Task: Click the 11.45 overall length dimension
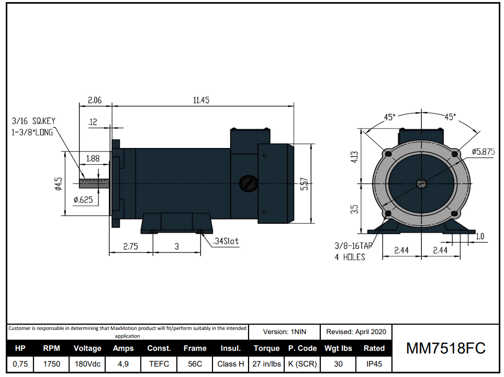(201, 100)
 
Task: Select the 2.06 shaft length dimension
(95, 100)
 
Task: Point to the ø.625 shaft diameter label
(83, 199)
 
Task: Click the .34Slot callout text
(226, 241)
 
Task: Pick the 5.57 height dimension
(304, 184)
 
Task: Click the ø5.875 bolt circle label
(483, 152)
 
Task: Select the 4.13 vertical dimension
(354, 157)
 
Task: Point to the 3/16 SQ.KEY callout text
(33, 121)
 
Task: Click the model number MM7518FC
(446, 348)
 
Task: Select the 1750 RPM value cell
(51, 364)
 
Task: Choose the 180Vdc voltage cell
(87, 364)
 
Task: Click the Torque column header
(266, 348)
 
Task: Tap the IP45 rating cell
(374, 364)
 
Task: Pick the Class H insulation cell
(230, 364)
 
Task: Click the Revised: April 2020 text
(356, 332)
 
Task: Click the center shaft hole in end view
(421, 183)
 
